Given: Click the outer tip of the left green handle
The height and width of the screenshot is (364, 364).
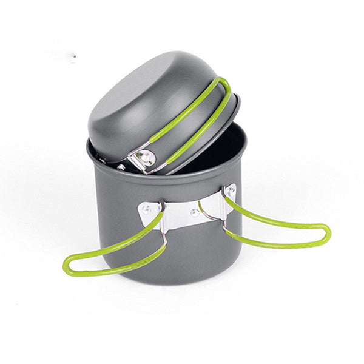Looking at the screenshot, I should click(x=66, y=265).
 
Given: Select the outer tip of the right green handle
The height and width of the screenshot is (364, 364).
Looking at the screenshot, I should click(x=328, y=233).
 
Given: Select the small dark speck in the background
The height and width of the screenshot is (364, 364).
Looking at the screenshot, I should click(x=72, y=59).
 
